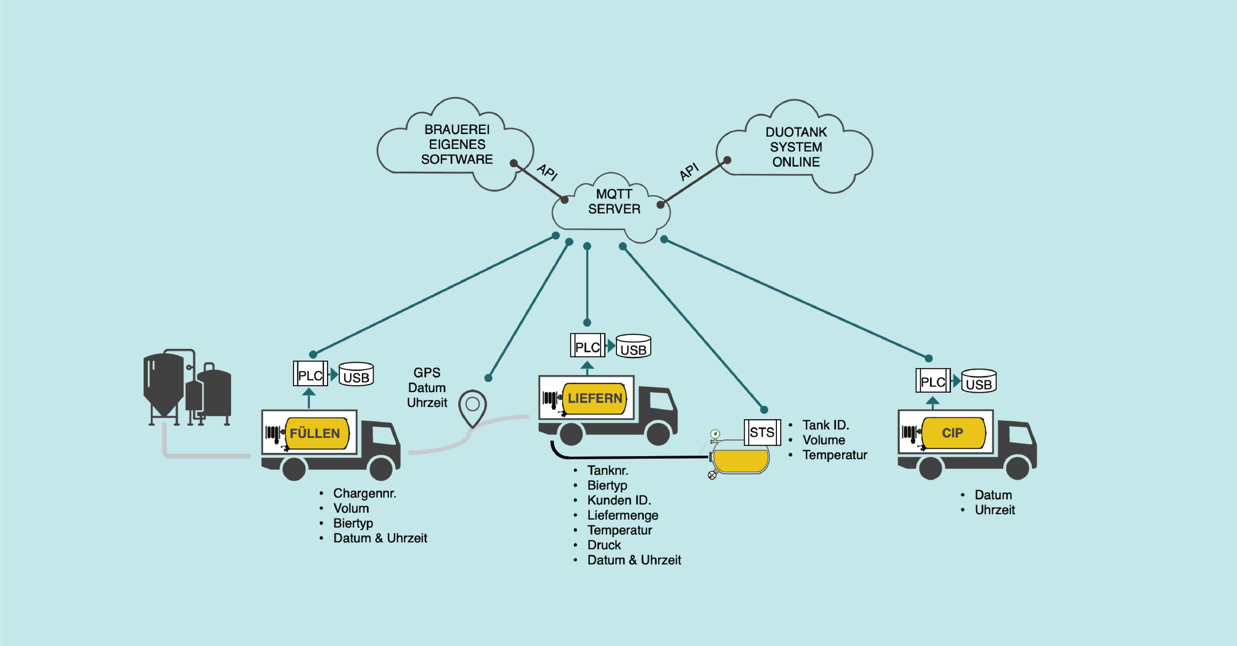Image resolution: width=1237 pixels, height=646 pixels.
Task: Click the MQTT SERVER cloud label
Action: [x=614, y=201]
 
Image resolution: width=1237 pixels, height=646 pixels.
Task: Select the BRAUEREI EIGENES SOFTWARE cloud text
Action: [x=457, y=145]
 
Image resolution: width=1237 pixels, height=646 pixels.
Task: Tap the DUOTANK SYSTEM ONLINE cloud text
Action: [x=796, y=147]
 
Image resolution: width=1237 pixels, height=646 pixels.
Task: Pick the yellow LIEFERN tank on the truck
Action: [x=594, y=398]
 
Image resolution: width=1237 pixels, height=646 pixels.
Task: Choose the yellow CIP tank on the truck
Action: [x=952, y=433]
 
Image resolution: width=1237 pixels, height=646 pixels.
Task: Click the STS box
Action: [x=762, y=432]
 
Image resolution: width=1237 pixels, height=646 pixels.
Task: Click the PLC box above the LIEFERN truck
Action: [x=587, y=347]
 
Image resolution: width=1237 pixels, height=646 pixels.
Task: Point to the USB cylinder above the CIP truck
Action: [x=978, y=382]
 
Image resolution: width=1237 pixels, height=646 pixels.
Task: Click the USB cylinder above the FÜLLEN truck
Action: [x=356, y=375]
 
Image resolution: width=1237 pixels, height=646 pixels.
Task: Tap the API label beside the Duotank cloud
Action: [x=689, y=172]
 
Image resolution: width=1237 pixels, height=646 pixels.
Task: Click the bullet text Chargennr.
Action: [x=365, y=494]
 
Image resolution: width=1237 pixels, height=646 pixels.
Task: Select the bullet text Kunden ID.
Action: [x=619, y=500]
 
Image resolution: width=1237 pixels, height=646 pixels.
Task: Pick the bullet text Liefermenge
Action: [x=622, y=515]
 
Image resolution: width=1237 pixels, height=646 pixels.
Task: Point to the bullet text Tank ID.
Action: [x=825, y=425]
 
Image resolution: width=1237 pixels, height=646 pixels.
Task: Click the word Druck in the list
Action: [x=604, y=545]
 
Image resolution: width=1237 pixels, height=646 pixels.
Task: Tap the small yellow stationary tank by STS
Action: [x=740, y=459]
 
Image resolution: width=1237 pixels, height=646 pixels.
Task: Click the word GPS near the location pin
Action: [x=427, y=373]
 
